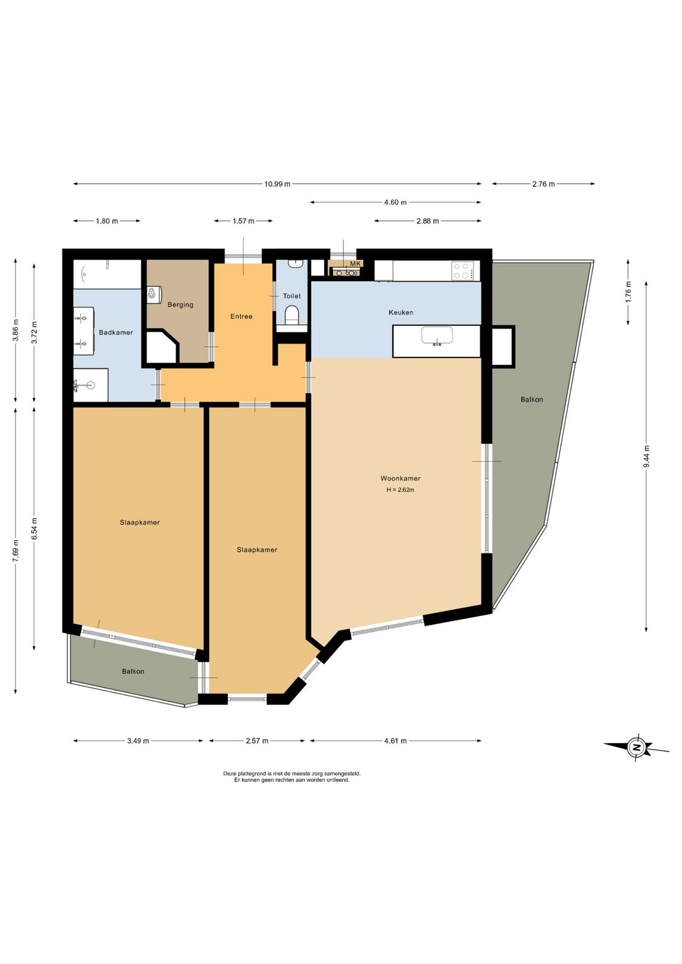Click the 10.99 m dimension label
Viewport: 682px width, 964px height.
point(277,184)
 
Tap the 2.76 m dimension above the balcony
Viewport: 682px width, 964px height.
point(544,184)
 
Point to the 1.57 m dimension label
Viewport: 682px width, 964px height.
point(243,220)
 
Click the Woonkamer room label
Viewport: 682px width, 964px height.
point(400,478)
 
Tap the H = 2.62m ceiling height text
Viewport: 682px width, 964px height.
point(400,490)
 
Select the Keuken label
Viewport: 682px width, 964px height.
point(400,313)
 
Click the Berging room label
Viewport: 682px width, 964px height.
point(181,304)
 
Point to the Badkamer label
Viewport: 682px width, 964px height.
point(116,332)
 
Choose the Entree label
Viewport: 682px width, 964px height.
point(241,316)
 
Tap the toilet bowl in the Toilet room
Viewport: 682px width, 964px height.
point(292,314)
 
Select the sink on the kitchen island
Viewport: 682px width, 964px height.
point(437,335)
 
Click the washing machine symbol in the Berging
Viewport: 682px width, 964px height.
point(153,294)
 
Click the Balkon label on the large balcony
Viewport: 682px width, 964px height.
point(532,399)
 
